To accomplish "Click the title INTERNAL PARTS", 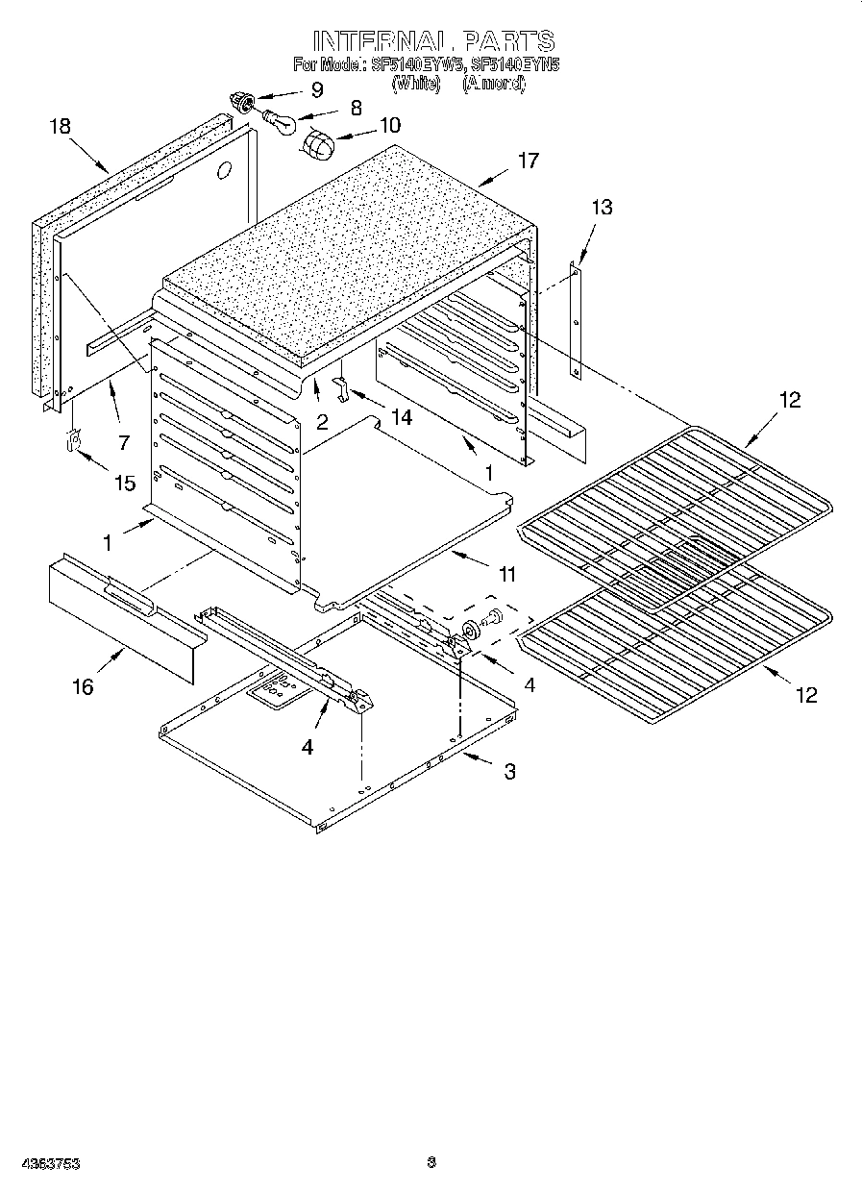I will (433, 40).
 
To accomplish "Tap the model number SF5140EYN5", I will (515, 65).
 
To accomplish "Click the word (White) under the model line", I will (415, 84).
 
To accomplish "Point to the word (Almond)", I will (494, 84).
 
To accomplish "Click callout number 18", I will (60, 127).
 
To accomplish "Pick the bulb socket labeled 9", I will (241, 99).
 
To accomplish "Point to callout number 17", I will (528, 161).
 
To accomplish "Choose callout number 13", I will (601, 207).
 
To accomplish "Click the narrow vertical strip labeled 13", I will (575, 322).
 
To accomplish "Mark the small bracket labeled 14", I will (340, 387).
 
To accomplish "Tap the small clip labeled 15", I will (71, 440).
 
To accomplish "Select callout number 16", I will (84, 686).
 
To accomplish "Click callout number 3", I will (509, 771).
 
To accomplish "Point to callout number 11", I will (506, 575).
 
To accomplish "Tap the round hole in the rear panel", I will (224, 171).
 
